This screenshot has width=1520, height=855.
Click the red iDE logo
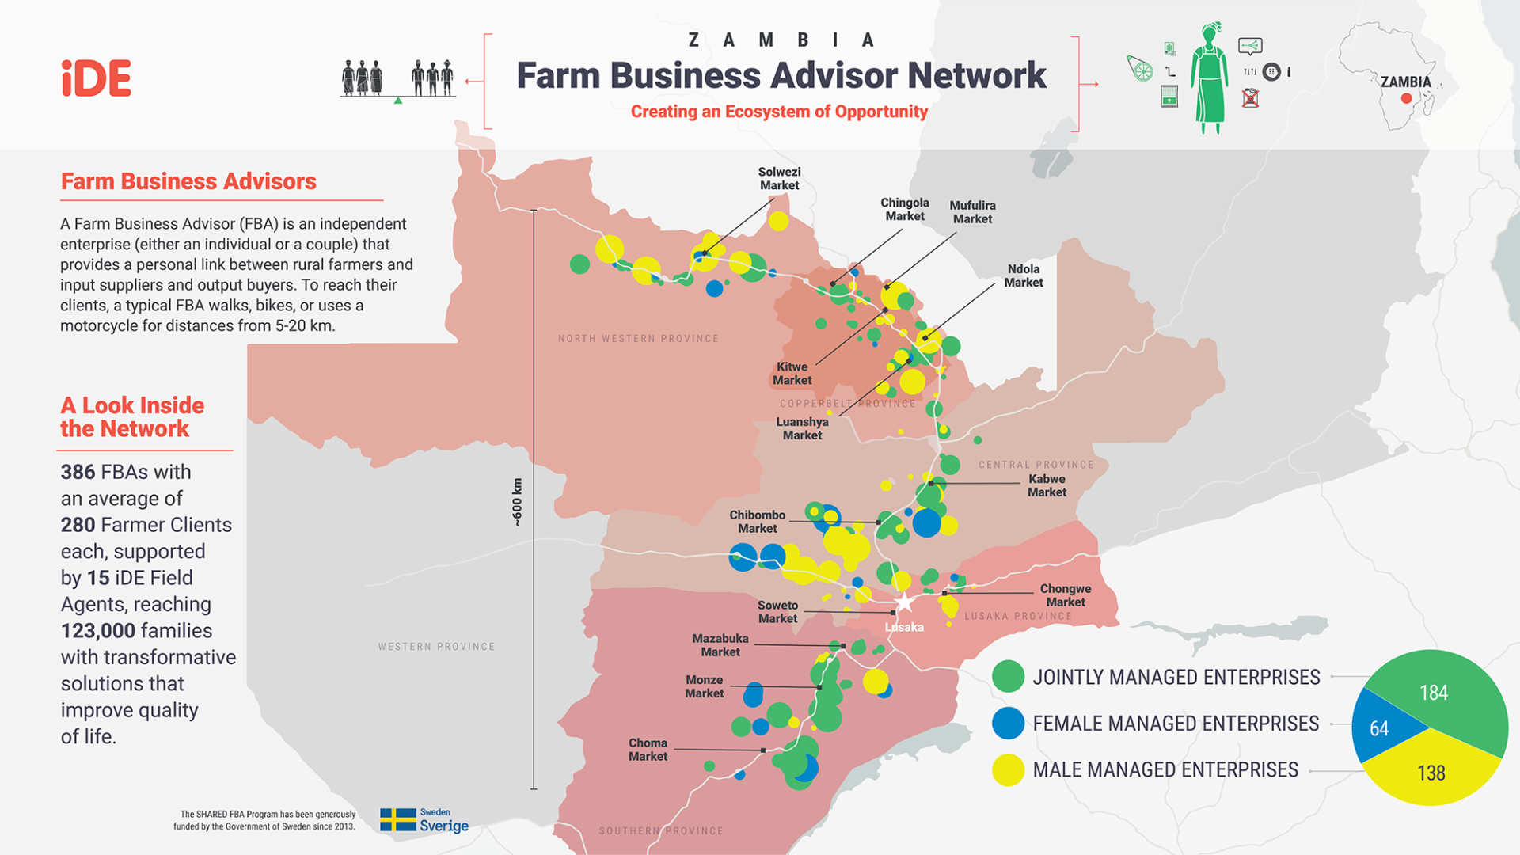[97, 78]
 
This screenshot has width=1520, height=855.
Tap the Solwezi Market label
[779, 179]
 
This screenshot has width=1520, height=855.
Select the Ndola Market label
[1023, 275]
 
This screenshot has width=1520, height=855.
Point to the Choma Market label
[648, 750]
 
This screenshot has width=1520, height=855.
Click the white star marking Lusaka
[904, 602]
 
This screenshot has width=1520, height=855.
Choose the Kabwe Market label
[1047, 485]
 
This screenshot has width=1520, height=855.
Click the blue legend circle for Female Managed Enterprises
[1008, 724]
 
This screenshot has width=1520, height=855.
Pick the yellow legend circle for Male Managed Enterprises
[1008, 769]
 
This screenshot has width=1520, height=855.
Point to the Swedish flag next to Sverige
[397, 819]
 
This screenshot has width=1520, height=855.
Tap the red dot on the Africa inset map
[1406, 99]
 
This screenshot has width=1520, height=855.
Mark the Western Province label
[436, 647]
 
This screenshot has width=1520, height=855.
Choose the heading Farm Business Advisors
[188, 181]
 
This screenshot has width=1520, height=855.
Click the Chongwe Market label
[1065, 595]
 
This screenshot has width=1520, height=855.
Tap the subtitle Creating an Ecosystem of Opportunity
[779, 112]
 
